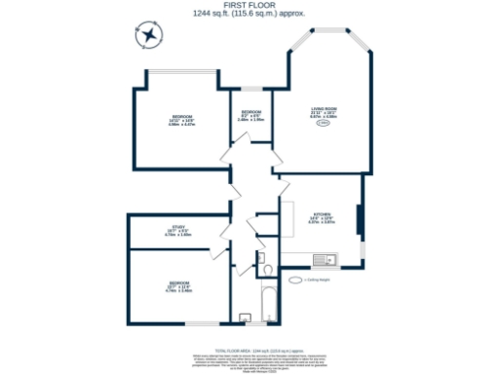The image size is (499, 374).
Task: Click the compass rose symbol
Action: pos(149,37)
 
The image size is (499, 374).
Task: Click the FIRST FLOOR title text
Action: pos(249,5)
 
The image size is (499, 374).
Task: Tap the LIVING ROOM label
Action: pos(324,111)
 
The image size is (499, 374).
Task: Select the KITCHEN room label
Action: pos(321,219)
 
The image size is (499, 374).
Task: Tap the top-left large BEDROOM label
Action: pos(182,121)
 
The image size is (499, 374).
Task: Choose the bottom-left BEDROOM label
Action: pos(178,288)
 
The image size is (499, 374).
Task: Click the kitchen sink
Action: pos(326,259)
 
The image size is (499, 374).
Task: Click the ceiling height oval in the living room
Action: pos(324,123)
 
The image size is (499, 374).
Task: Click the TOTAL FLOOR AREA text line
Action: pos(249,348)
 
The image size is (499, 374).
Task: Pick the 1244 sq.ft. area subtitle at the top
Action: pos(249,14)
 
